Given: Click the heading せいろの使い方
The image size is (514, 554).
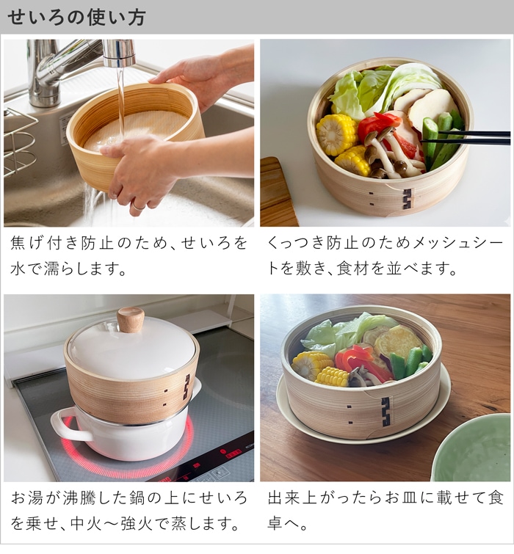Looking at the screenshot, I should [76, 18].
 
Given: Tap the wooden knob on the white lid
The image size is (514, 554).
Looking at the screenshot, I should [131, 319].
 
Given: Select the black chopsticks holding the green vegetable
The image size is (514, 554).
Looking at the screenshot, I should [470, 136].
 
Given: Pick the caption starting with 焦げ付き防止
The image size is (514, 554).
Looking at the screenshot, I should [128, 254].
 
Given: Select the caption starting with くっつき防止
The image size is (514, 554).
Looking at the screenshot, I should [385, 254].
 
